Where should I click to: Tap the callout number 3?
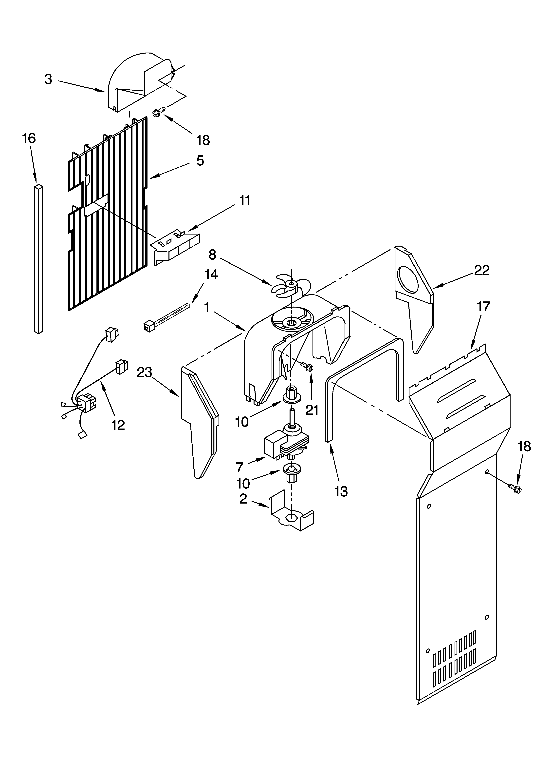tap(49, 79)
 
